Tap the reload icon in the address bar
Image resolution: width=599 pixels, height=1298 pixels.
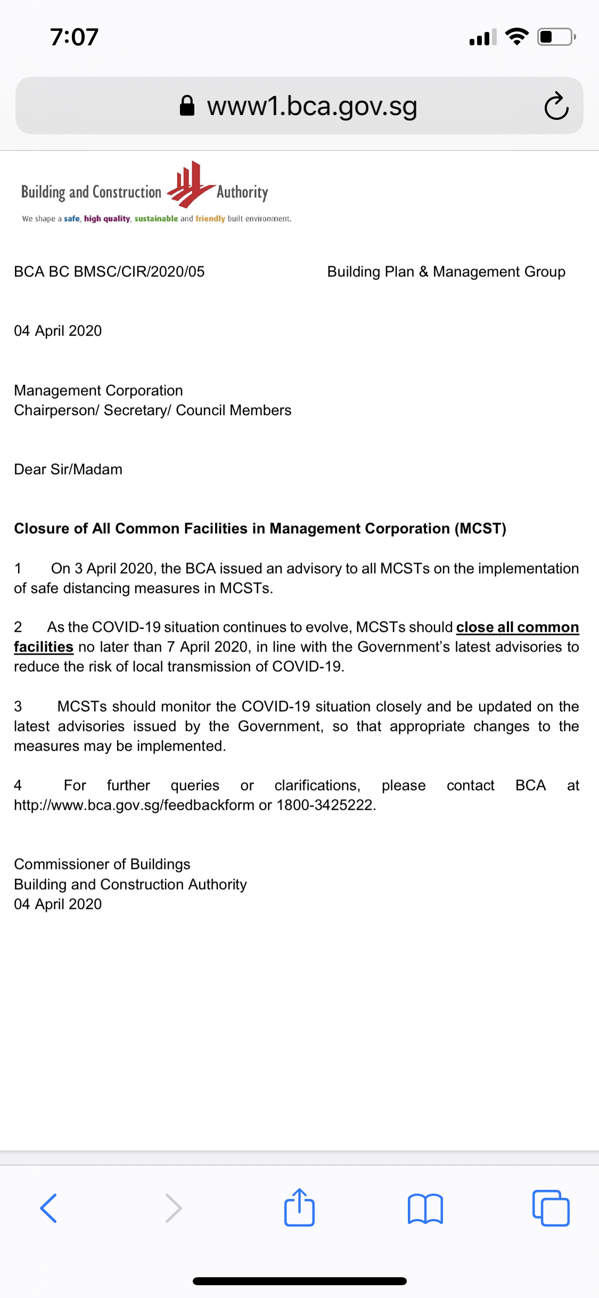(556, 106)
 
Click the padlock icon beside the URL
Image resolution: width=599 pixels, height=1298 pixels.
(187, 106)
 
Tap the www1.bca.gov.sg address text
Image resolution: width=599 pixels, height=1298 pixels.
(312, 106)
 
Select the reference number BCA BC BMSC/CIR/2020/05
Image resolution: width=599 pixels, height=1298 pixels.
(109, 272)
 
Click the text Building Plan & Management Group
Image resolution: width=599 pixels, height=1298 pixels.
(446, 272)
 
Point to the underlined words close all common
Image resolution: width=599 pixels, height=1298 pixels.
(517, 627)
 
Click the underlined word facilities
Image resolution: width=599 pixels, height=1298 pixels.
(43, 647)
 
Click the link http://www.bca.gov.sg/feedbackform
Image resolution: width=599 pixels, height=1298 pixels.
(134, 805)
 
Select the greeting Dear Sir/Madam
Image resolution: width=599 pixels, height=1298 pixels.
(68, 469)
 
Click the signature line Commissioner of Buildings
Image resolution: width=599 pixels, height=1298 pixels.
(102, 864)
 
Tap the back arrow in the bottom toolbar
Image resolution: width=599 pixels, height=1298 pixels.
(48, 1208)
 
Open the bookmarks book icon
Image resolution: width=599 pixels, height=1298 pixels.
(425, 1208)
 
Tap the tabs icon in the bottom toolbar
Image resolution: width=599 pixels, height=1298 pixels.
(551, 1208)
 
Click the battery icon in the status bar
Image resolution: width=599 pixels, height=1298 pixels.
(555, 37)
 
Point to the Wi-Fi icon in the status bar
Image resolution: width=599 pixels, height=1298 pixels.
(516, 37)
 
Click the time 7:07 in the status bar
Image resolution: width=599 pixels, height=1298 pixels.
(75, 37)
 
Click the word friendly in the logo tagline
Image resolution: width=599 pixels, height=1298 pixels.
(210, 218)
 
